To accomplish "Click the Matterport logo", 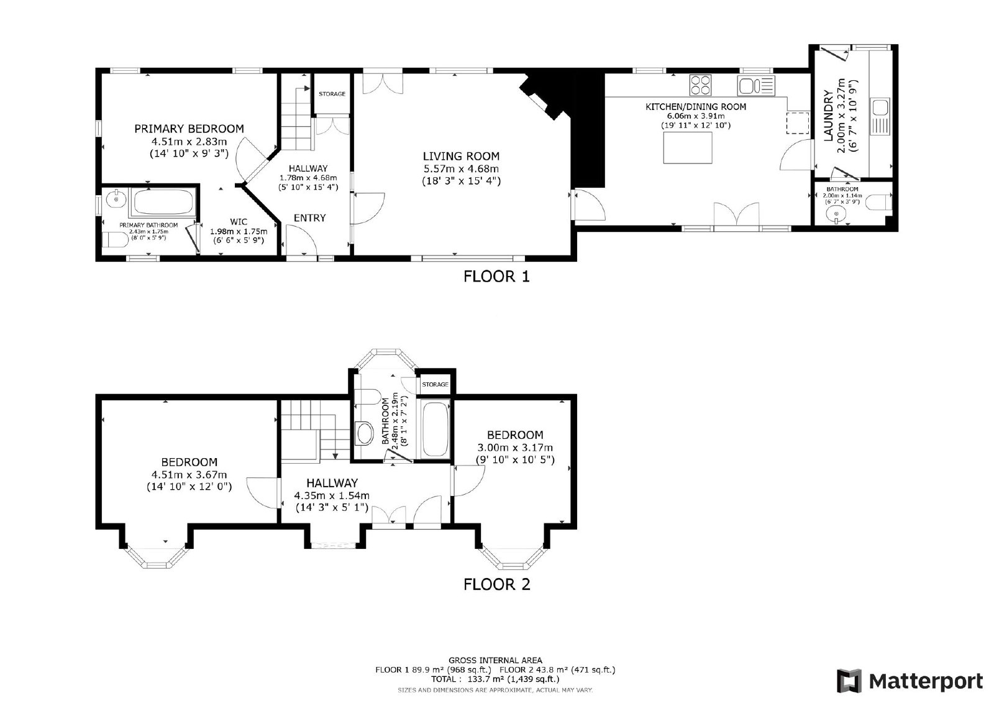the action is (910, 681).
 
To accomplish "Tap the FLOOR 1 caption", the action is (496, 277).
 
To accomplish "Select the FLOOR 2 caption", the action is (496, 584).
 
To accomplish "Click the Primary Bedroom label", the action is (189, 129).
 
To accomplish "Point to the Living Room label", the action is (461, 156).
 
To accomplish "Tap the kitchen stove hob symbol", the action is (701, 85).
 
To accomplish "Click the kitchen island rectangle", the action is (688, 147).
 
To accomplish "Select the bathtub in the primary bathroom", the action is (163, 202).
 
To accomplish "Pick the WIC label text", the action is (239, 222).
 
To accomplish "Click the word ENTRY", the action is (310, 218).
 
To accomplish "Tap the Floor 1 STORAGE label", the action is (332, 94).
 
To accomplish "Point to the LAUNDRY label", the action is (828, 116).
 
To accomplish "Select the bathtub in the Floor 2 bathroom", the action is (435, 429).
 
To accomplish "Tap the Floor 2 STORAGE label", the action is (435, 385).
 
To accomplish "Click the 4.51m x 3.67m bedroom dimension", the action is (189, 475).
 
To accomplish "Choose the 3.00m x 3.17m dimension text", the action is (515, 448).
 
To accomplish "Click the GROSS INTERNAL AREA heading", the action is (495, 660).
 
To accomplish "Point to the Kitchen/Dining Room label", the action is (696, 107).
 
